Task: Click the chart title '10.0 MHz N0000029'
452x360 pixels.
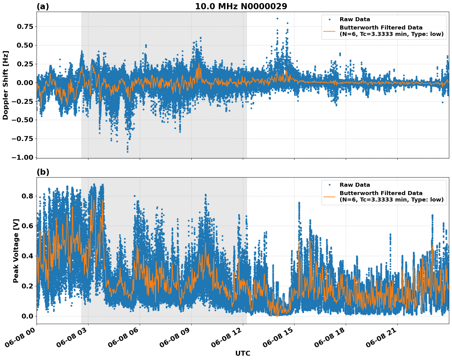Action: point(241,6)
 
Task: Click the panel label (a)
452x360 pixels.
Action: point(43,6)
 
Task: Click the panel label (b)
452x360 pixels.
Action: point(43,172)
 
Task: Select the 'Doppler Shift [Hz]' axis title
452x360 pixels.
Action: point(6,85)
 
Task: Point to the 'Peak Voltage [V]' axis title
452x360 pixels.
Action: point(16,251)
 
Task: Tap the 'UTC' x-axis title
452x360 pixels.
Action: point(243,353)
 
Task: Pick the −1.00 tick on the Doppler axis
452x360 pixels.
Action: point(22,157)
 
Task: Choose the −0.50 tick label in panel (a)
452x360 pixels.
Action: point(22,120)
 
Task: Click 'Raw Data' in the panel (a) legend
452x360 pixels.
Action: point(355,19)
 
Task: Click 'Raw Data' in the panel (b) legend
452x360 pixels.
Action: point(355,185)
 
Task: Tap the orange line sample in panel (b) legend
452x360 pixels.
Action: point(329,197)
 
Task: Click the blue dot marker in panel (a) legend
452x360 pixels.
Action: point(329,19)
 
